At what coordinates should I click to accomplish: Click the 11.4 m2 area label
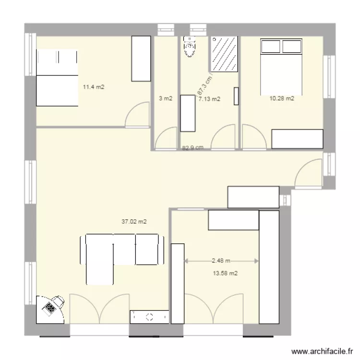coord(94,87)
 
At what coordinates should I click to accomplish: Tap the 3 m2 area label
coord(166,99)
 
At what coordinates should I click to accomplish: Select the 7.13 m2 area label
coord(209,99)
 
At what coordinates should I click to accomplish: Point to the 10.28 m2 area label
coord(282,99)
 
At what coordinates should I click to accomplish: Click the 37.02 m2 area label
coord(134,222)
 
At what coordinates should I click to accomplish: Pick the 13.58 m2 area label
coord(226,274)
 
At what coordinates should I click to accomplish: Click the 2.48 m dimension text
coord(221,261)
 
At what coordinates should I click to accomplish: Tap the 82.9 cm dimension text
coord(193,148)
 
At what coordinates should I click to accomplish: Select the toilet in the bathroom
coord(190,48)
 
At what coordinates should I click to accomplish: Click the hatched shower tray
coord(224,54)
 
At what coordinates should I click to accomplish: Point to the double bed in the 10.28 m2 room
coord(281,67)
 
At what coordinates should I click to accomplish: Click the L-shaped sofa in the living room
coord(120,254)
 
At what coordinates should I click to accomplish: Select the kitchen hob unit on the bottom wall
coord(149,317)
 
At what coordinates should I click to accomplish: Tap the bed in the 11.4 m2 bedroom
coord(57,78)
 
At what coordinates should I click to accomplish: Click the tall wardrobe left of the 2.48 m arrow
coord(178,283)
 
